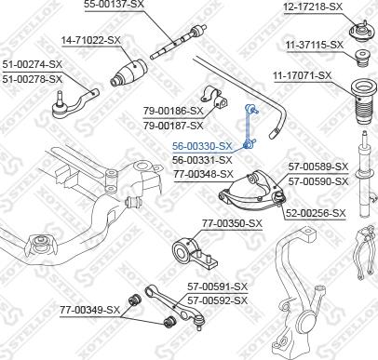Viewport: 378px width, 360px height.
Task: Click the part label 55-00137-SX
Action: (x=115, y=5)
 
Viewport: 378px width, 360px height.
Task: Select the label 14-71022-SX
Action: (x=91, y=41)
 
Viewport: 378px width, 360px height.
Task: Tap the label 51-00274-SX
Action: (x=32, y=64)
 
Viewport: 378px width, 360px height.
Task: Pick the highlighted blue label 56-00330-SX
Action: (x=202, y=147)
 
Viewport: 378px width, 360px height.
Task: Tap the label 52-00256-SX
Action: (x=315, y=213)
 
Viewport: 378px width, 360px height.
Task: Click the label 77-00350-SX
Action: (x=232, y=224)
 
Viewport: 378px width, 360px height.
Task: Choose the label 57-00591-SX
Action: (x=216, y=287)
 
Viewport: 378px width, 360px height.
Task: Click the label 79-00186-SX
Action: (x=174, y=111)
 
